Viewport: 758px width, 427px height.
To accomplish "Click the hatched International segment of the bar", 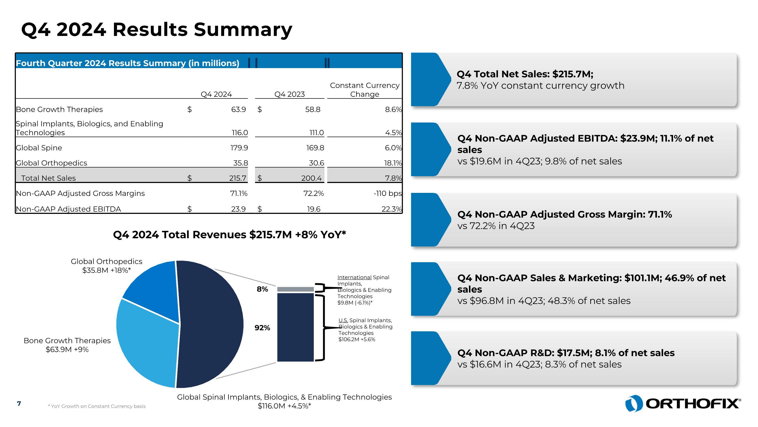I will (x=295, y=289).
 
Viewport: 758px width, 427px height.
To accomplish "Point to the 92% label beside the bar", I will (x=262, y=328).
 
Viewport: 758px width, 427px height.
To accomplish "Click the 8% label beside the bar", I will (x=262, y=289).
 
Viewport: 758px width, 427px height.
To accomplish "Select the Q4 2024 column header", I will (x=216, y=94).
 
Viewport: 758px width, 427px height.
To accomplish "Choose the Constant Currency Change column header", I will (x=365, y=90).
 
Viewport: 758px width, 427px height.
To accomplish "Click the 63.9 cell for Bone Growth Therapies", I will (x=238, y=109).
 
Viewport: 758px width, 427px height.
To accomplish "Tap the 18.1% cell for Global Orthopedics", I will (x=393, y=163).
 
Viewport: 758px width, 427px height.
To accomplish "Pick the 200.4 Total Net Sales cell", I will (x=311, y=178).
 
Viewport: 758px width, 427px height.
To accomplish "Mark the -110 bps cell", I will (x=388, y=193).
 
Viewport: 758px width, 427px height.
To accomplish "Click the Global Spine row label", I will (x=39, y=148).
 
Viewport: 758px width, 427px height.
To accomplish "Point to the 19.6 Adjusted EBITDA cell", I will (x=313, y=209).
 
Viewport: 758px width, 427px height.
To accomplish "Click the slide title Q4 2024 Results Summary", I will (x=157, y=29).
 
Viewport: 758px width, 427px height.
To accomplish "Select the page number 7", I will (x=19, y=403).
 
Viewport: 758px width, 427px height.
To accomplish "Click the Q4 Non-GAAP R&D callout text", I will (x=565, y=358).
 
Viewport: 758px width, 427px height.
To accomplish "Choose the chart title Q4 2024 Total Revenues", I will (x=229, y=235).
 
